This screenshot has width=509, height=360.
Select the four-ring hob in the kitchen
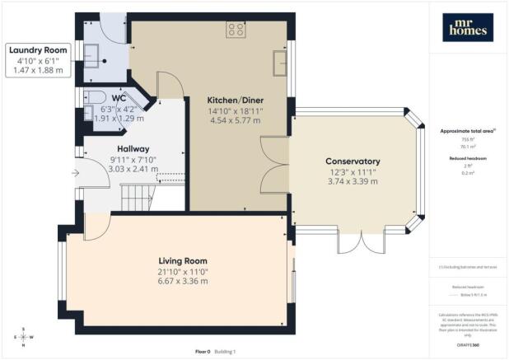235,30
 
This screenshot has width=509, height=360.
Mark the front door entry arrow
76,173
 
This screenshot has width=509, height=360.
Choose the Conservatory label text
352,161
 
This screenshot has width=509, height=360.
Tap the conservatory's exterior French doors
353,241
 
